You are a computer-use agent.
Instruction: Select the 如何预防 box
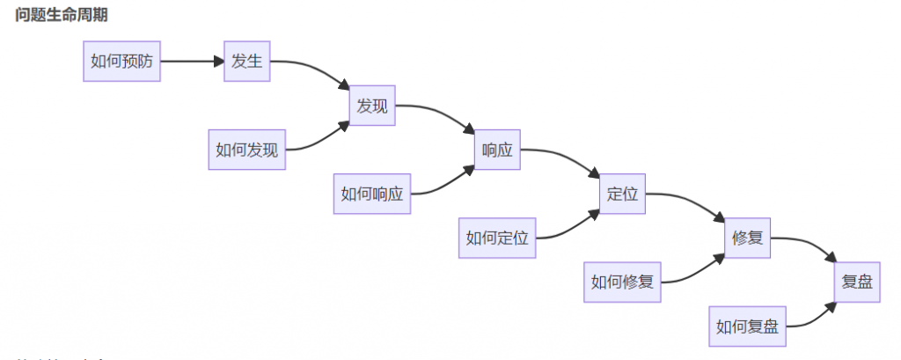tap(121, 62)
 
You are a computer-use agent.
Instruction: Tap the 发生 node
tap(245, 62)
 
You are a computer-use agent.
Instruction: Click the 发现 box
tap(371, 106)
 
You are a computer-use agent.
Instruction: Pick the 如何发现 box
tap(246, 150)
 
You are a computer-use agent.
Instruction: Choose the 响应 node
tap(496, 150)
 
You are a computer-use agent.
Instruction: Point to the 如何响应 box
tap(371, 194)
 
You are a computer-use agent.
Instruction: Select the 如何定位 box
tap(496, 238)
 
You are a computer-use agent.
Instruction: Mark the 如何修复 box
tap(621, 282)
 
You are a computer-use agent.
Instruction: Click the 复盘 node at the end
tap(856, 282)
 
